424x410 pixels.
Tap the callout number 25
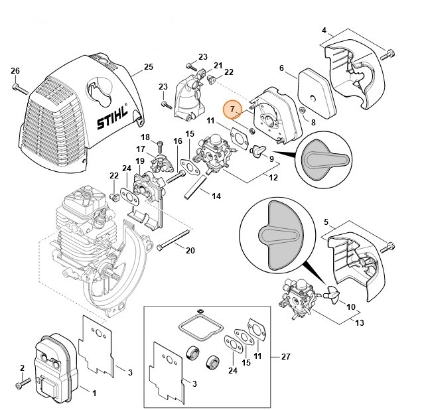tap(149, 68)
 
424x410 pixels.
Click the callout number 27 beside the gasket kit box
tap(286, 357)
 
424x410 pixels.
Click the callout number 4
tap(324, 31)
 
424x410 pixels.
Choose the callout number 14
tap(216, 196)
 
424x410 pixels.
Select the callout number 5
tap(325, 223)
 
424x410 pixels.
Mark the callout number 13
tap(359, 322)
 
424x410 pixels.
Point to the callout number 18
tap(145, 137)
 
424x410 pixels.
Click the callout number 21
tap(217, 65)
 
